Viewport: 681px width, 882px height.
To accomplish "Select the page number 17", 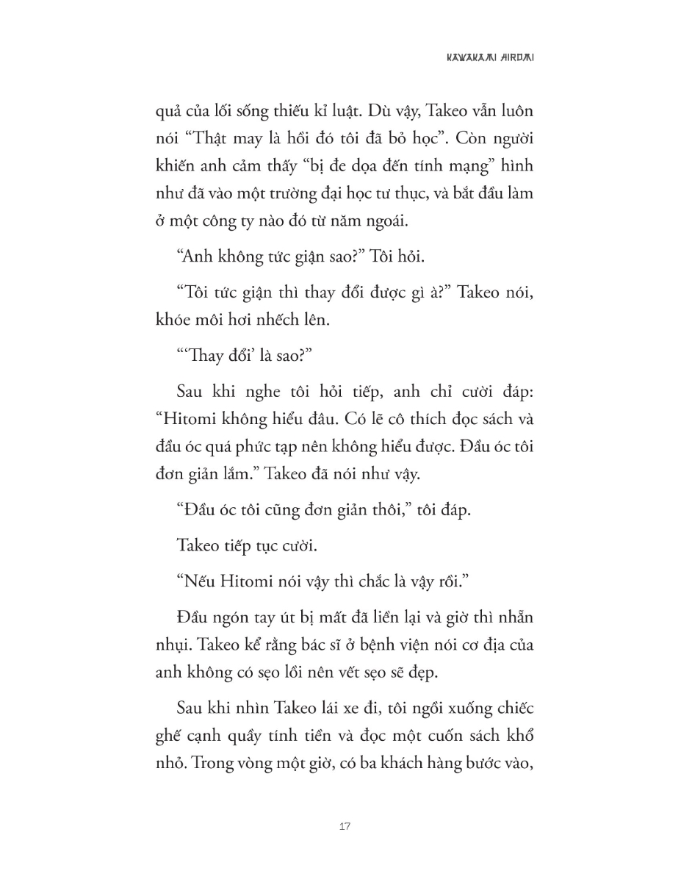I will [345, 826].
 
